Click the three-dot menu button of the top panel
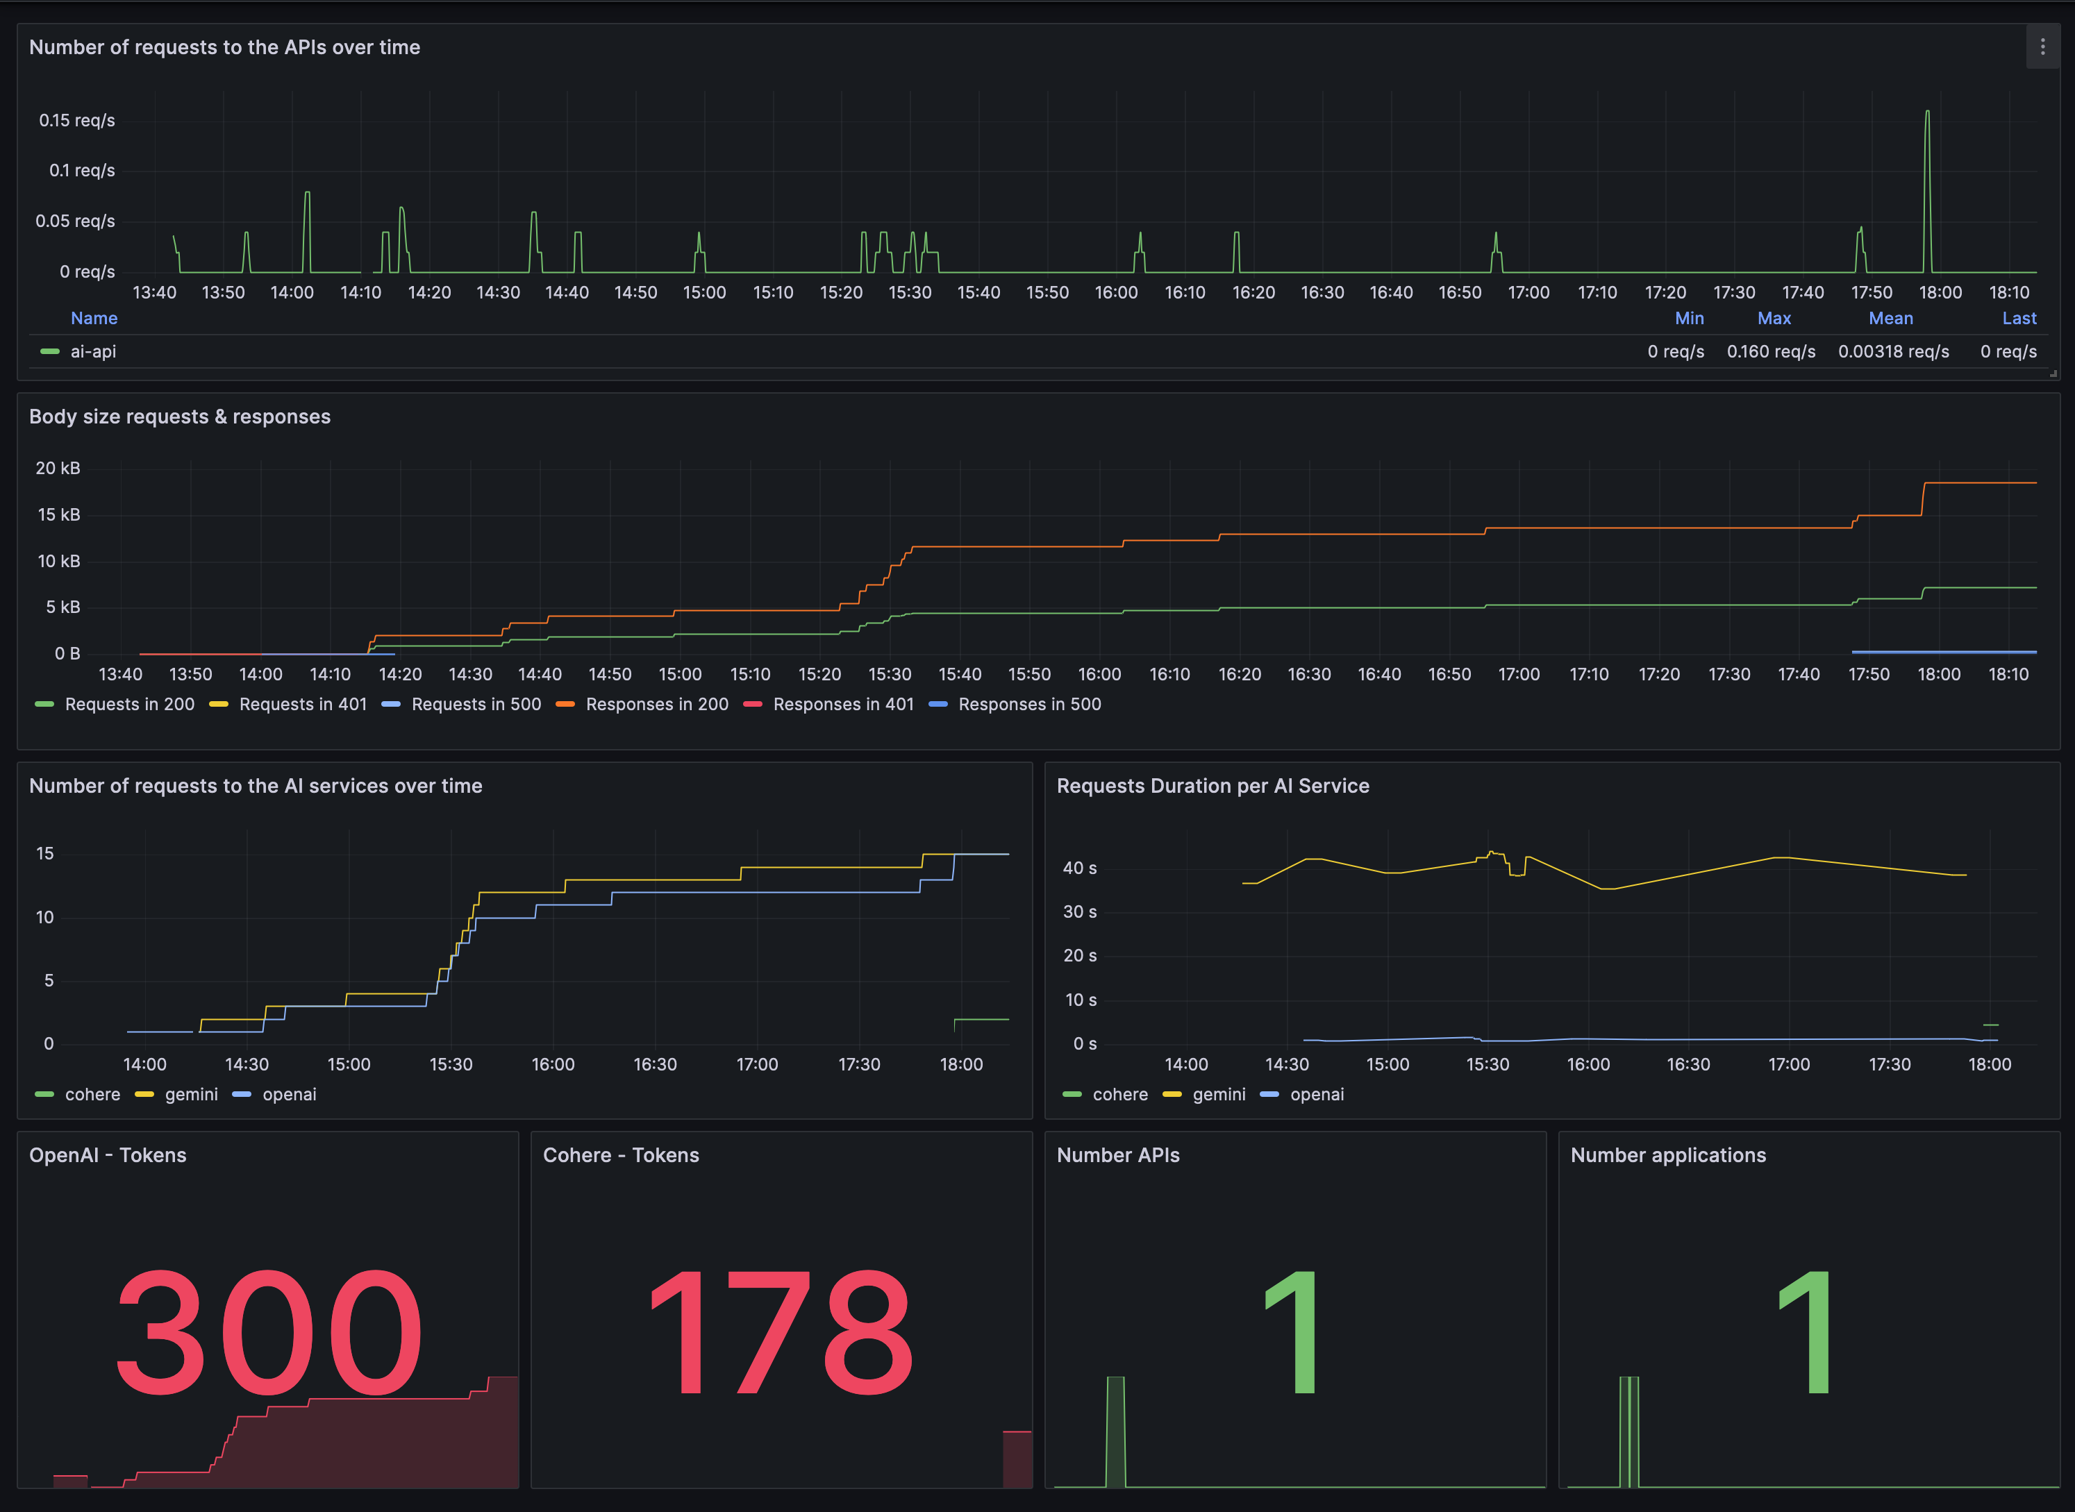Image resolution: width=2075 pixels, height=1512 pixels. click(x=2042, y=47)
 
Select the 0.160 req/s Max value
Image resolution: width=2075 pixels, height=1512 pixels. click(x=1770, y=351)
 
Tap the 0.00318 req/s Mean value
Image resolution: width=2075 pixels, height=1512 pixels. click(x=1893, y=351)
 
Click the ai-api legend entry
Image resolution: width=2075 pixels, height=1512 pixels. click(x=92, y=351)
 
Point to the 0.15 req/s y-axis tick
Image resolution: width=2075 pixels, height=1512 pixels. click(x=77, y=120)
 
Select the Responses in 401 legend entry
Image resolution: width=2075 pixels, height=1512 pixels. click(x=842, y=704)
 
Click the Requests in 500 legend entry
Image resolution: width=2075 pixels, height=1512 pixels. click(x=475, y=704)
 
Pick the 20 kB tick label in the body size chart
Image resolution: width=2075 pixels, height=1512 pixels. click(x=58, y=468)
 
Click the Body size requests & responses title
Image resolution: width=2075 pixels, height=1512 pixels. click(x=179, y=417)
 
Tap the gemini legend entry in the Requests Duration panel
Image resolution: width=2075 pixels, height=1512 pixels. click(x=1218, y=1095)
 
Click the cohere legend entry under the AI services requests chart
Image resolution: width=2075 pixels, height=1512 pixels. click(x=92, y=1095)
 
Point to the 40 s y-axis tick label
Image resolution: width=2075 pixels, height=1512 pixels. click(x=1079, y=868)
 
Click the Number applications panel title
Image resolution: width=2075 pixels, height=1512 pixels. click(x=1667, y=1155)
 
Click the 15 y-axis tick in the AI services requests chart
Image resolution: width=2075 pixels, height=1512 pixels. click(x=45, y=853)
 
